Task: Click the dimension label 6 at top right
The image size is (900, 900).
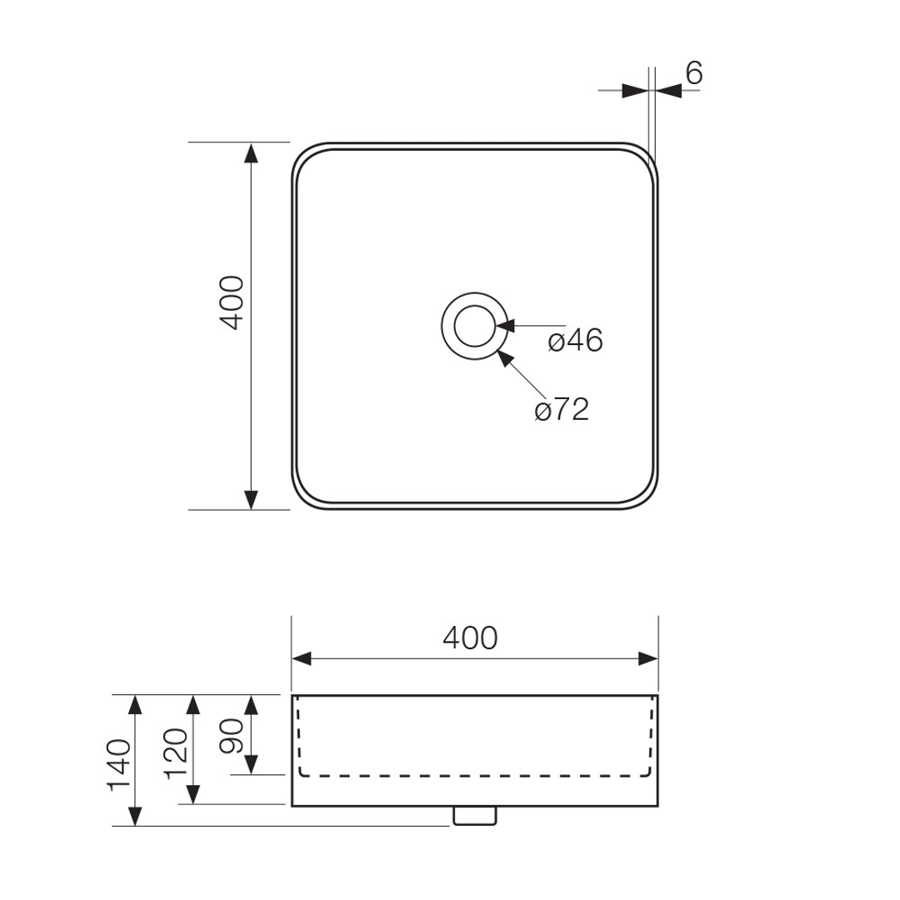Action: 694,73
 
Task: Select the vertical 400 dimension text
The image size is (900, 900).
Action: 232,303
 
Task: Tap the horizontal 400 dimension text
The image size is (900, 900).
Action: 470,638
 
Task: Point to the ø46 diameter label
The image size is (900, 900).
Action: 575,341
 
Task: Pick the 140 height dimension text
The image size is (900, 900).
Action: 119,763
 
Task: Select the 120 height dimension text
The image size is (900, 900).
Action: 177,751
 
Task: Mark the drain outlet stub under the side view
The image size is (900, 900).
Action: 475,816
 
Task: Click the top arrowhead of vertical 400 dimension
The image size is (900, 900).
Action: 251,152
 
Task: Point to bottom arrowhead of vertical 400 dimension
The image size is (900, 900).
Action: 251,499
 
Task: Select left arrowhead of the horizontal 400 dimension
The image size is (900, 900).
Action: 302,658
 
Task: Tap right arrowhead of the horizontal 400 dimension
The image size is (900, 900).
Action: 648,658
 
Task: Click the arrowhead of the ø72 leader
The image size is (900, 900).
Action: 503,357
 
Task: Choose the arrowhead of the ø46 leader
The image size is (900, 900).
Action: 508,326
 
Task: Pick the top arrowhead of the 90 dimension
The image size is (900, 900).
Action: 251,705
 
